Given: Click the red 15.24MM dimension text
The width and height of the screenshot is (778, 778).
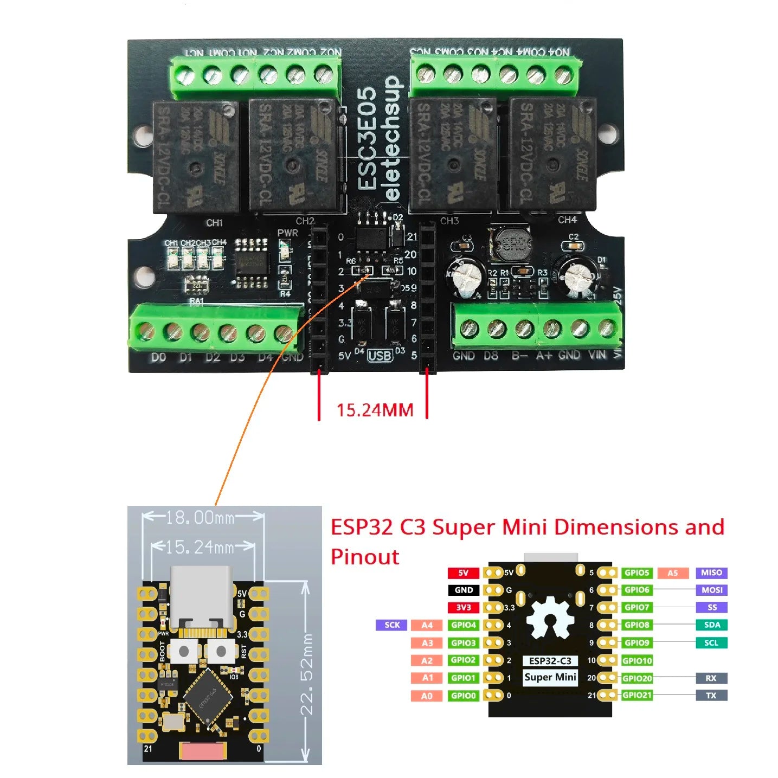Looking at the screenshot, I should tap(375, 410).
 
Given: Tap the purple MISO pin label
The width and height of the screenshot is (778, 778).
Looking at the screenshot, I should tap(711, 573).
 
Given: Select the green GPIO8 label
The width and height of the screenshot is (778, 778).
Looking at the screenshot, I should tap(636, 625).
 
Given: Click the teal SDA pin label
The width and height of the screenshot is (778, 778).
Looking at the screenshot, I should tap(711, 625).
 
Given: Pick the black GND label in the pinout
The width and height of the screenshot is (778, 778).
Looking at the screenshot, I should tap(464, 590).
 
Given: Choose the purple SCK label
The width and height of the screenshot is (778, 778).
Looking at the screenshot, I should tap(392, 625).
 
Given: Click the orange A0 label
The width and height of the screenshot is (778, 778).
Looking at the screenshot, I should tap(427, 696).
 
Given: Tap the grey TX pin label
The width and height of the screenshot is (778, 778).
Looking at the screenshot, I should tap(711, 695).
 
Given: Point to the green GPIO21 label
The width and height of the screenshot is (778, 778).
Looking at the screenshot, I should tap(637, 695).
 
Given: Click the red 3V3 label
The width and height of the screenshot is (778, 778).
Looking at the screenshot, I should tap(464, 607).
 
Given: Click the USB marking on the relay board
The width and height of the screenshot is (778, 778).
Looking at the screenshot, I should tap(380, 356).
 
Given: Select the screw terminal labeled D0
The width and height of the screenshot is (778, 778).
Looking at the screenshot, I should tap(145, 330).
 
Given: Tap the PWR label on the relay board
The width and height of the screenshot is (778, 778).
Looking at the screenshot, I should tap(287, 233).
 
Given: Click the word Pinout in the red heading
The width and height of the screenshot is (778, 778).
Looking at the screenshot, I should tap(365, 557).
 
